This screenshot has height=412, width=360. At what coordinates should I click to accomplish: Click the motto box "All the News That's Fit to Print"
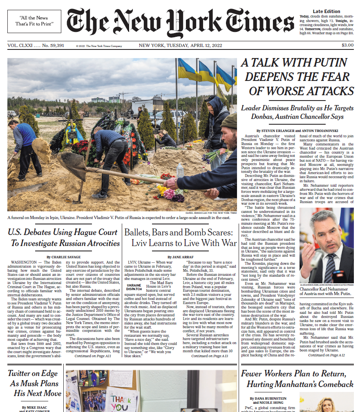tap(34, 21)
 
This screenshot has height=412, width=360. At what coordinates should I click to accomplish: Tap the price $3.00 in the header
tap(347, 45)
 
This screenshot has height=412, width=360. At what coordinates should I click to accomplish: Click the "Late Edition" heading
tap(326, 11)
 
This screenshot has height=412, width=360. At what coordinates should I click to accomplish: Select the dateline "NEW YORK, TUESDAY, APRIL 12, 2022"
tap(180, 45)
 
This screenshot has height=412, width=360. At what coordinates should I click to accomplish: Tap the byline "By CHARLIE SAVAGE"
tap(63, 257)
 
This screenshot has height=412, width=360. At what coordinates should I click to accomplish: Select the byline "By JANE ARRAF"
tap(180, 257)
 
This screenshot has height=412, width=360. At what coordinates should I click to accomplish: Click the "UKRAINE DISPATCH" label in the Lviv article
tap(134, 287)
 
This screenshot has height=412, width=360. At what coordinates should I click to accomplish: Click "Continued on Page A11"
tap(93, 356)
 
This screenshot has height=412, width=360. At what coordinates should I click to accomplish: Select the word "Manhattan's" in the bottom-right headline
tap(300, 384)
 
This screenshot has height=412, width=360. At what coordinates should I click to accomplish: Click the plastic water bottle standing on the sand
tap(180, 170)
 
